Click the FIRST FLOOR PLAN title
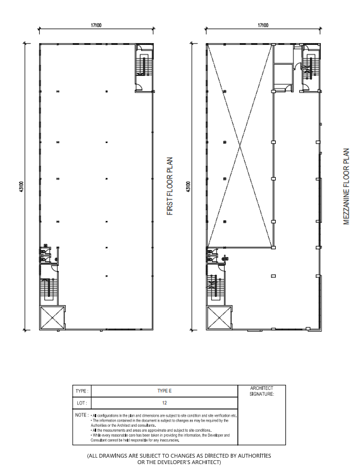[170, 187]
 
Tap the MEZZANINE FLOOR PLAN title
[345, 187]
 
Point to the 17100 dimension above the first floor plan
[97, 25]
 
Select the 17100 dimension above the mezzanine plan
[263, 25]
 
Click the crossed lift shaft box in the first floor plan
[52, 317]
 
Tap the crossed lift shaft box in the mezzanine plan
[219, 317]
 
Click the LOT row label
[80, 403]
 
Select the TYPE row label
[81, 391]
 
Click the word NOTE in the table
[80, 415]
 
